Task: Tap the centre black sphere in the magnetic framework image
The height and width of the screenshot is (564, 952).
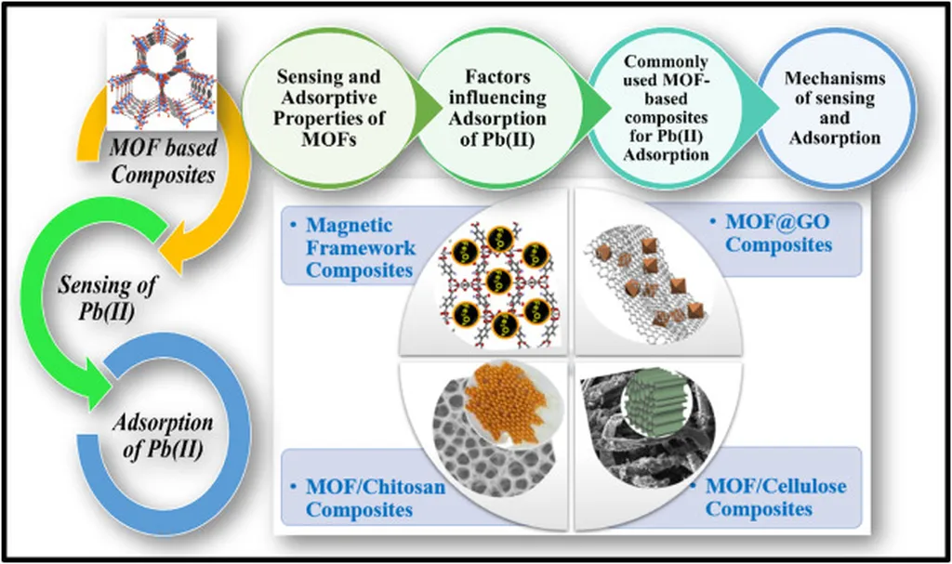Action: [x=500, y=281]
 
